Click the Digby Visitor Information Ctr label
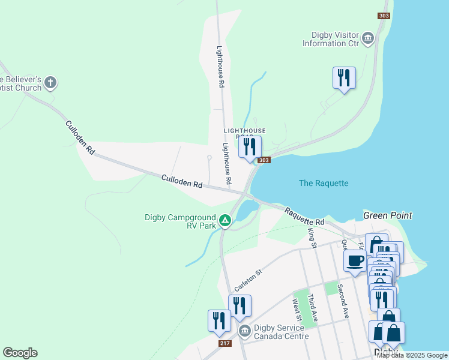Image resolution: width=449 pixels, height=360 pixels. pos(330,39)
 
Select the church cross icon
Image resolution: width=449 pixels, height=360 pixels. pos(50,82)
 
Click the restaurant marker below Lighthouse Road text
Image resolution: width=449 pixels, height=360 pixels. pos(250,146)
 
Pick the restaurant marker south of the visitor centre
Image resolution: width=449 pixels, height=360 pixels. pos(344,78)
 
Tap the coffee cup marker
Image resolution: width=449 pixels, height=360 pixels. pos(355,261)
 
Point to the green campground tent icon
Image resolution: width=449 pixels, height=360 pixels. pos(225,221)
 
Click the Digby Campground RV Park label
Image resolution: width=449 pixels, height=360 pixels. pos(180,221)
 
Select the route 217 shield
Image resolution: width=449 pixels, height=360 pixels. pos(225,343)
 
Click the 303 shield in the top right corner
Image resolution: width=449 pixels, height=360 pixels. pos(384,16)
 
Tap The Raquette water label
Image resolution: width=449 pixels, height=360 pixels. pos(324,183)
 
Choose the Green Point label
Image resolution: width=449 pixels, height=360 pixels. pos(387,215)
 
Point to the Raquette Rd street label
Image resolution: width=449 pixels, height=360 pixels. pos(304,217)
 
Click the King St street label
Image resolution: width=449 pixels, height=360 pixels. pos(312,238)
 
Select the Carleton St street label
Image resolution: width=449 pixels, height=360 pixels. pos(249,281)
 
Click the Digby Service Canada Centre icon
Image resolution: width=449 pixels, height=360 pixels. pos(244,331)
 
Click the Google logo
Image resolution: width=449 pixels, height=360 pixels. pos(20,353)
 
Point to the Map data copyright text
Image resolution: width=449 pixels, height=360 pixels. pos(412,355)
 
